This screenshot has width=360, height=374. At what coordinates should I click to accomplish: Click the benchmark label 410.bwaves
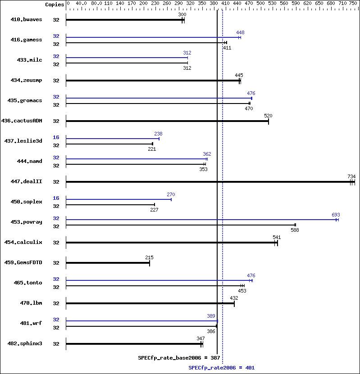pyautogui.click(x=26, y=20)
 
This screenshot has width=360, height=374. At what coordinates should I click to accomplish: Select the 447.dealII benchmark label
pyautogui.click(x=26, y=182)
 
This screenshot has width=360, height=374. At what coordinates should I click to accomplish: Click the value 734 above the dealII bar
pyautogui.click(x=351, y=176)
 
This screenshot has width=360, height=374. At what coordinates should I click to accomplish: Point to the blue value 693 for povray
pyautogui.click(x=336, y=215)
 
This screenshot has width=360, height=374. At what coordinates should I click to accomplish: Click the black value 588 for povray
pyautogui.click(x=295, y=230)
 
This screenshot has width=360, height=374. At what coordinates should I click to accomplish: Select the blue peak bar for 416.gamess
pyautogui.click(x=153, y=37)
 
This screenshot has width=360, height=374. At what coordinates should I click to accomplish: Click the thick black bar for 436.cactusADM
pyautogui.click(x=167, y=121)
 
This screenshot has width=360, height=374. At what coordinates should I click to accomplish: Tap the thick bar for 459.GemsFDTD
pyautogui.click(x=108, y=263)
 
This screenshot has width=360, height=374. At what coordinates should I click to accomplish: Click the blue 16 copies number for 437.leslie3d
pyautogui.click(x=56, y=137)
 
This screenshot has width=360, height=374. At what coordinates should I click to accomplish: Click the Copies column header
pyautogui.click(x=55, y=4)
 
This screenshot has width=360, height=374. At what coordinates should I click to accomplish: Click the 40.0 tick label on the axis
pyautogui.click(x=81, y=4)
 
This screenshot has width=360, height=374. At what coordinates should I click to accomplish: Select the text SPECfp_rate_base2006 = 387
pyautogui.click(x=179, y=358)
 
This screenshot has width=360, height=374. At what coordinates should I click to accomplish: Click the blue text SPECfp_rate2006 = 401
pyautogui.click(x=221, y=368)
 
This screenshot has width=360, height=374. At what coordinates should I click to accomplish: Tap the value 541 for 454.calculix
pyautogui.click(x=277, y=237)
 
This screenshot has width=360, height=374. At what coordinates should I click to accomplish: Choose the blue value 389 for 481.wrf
pyautogui.click(x=211, y=316)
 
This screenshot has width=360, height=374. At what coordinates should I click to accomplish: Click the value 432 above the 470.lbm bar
pyautogui.click(x=234, y=298)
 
